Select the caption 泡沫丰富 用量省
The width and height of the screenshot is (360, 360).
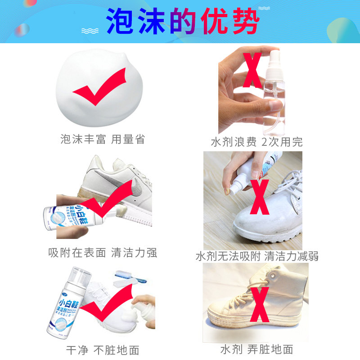click(103, 139)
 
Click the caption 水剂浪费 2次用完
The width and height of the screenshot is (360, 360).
click(257, 142)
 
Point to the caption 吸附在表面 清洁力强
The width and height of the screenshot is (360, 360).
click(103, 252)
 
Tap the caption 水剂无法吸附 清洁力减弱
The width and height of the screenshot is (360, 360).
click(257, 256)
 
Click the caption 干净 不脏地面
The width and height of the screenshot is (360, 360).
click(103, 350)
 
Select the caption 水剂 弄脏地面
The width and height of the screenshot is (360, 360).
click(257, 349)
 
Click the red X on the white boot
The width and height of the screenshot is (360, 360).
click(260, 198)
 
